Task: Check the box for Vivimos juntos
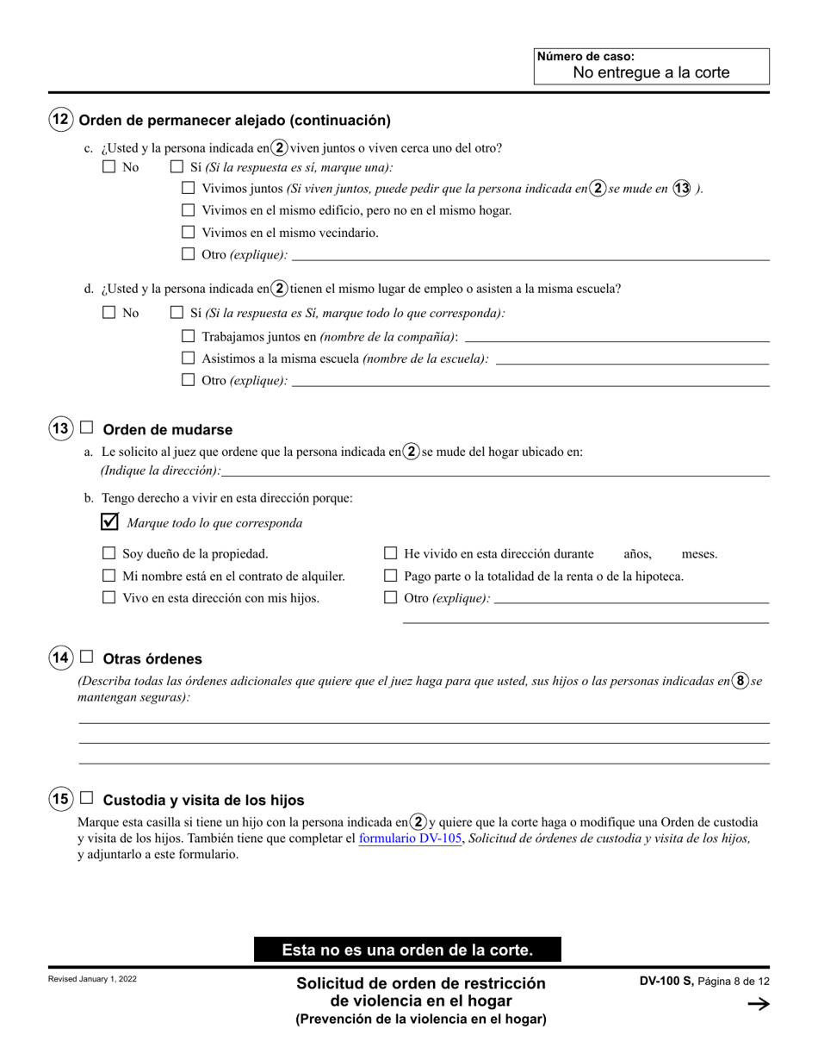[x=189, y=188]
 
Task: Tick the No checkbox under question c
[x=109, y=167]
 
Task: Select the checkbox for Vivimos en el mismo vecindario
[x=189, y=232]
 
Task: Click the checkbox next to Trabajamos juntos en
[x=189, y=336]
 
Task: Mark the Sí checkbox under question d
[x=177, y=313]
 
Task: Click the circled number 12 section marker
[x=60, y=120]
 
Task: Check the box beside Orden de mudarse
[x=86, y=427]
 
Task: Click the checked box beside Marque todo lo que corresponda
[x=109, y=521]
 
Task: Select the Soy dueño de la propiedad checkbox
[x=109, y=553]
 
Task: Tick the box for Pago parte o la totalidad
[x=390, y=576]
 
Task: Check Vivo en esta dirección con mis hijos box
[x=109, y=597]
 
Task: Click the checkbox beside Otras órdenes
[x=86, y=657]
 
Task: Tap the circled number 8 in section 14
[x=740, y=680]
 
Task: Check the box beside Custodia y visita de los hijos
[x=86, y=798]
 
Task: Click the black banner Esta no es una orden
[x=407, y=950]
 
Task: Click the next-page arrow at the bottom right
[x=758, y=1003]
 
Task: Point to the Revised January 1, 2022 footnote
[x=92, y=980]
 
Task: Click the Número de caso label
[x=586, y=57]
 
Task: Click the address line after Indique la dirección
[x=495, y=471]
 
